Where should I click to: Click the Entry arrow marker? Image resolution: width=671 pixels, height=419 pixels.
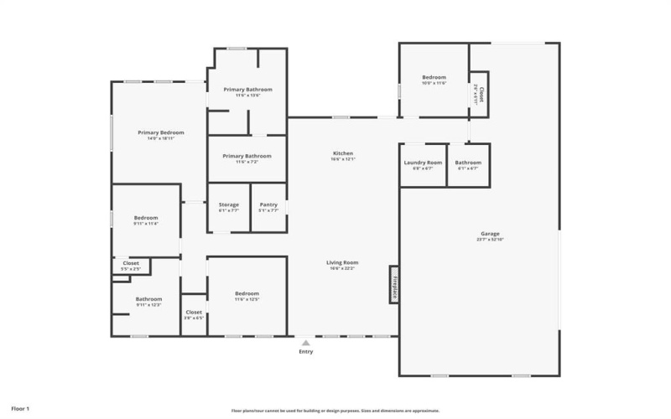click(x=306, y=343)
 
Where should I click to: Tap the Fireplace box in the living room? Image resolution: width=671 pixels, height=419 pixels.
click(x=393, y=284)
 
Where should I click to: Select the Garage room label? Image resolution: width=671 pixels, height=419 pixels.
click(x=490, y=235)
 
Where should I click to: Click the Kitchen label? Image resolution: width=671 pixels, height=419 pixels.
click(x=342, y=155)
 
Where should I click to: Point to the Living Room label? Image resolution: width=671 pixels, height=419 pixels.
click(x=342, y=264)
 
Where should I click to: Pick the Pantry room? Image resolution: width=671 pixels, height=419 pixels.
click(x=268, y=207)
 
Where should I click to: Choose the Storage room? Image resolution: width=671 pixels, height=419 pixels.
click(x=229, y=207)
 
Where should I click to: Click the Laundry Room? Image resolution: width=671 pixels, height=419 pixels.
click(x=423, y=164)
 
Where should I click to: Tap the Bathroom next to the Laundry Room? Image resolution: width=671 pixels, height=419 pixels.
click(x=468, y=164)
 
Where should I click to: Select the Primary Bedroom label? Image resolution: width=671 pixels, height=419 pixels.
click(x=160, y=134)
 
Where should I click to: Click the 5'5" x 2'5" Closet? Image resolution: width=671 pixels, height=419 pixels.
click(x=131, y=266)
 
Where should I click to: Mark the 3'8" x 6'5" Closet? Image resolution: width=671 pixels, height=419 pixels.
click(x=194, y=315)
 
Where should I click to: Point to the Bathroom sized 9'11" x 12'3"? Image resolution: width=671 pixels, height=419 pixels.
click(x=148, y=301)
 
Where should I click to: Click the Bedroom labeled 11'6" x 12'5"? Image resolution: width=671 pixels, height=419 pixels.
click(x=247, y=296)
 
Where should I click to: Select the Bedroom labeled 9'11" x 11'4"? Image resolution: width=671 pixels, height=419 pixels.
click(x=146, y=220)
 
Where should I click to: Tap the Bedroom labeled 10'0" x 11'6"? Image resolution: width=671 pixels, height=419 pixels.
click(x=434, y=80)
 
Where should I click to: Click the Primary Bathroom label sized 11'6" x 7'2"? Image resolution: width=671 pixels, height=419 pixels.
click(x=247, y=158)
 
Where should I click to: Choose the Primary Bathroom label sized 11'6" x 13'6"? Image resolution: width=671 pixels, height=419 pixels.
click(x=247, y=91)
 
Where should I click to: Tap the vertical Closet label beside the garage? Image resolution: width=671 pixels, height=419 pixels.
click(x=480, y=92)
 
